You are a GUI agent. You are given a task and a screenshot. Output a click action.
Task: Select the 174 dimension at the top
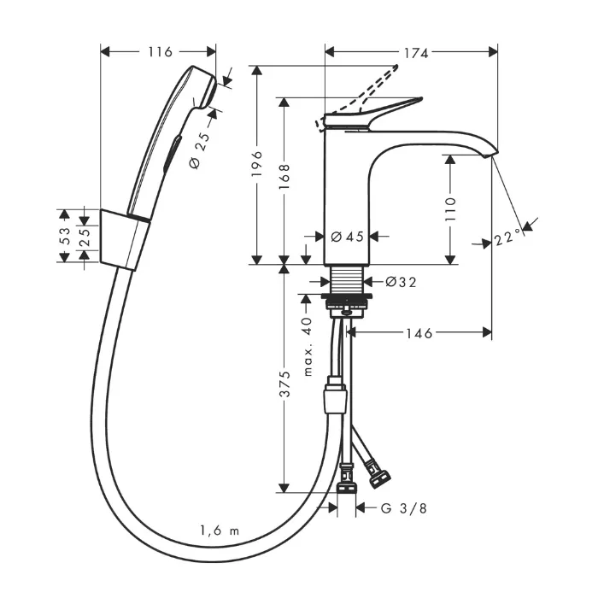click(416, 53)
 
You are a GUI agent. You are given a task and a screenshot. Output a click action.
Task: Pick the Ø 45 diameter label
click(347, 237)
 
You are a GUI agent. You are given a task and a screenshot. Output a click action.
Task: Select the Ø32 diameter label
click(400, 280)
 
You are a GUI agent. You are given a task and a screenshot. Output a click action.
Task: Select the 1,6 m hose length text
click(220, 532)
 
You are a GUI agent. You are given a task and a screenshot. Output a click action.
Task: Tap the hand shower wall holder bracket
click(125, 237)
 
